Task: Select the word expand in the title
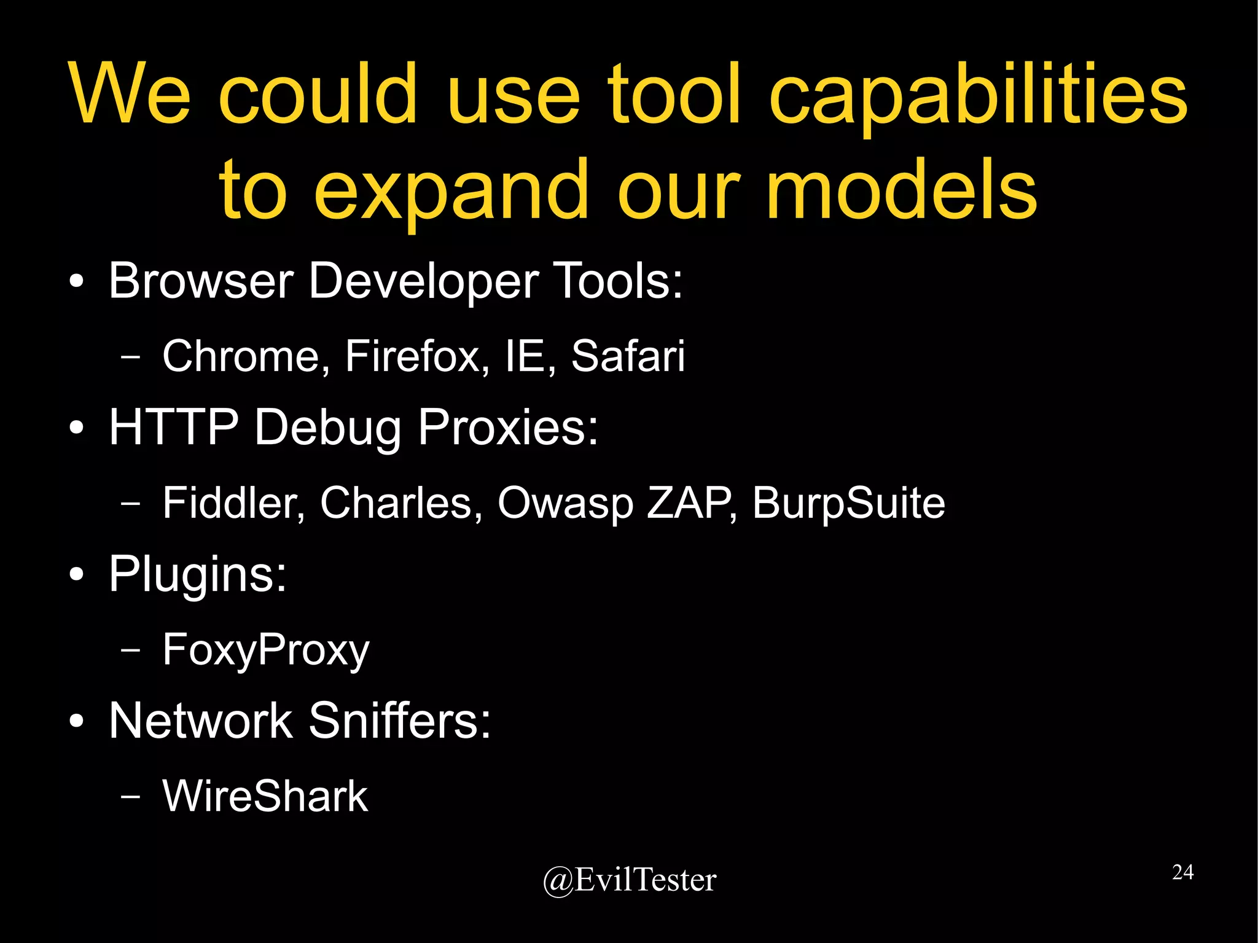[451, 190]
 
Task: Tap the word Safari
[628, 356]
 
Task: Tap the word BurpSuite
[848, 503]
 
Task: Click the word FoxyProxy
[266, 649]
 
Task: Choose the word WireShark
[265, 796]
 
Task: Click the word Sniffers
[399, 721]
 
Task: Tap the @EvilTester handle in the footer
[629, 880]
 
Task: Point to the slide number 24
[1182, 872]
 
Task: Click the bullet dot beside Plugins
[76, 575]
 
